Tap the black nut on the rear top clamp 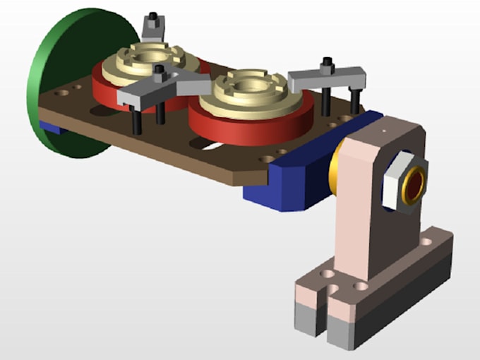coord(153,16)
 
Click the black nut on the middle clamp coord(160,71)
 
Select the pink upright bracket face coord(360,212)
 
